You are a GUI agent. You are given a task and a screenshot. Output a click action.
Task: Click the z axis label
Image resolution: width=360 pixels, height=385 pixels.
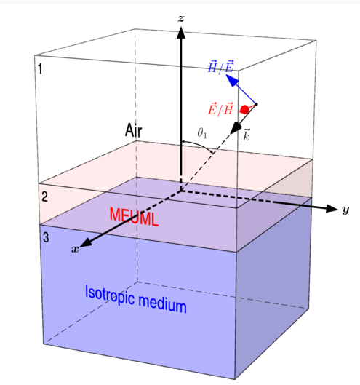(181, 18)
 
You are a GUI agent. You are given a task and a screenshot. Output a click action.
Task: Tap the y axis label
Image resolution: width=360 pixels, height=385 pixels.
(345, 210)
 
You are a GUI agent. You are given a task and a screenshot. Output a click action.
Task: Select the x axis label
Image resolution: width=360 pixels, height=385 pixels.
(75, 249)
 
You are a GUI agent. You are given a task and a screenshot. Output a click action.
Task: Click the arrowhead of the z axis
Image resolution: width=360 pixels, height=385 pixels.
(181, 33)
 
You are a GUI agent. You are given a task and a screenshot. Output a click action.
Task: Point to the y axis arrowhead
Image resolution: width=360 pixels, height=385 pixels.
(332, 208)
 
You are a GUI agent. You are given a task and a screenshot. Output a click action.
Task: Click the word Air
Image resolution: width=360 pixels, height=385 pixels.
(133, 130)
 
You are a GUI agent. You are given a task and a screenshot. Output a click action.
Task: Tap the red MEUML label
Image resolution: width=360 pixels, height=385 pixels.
(134, 217)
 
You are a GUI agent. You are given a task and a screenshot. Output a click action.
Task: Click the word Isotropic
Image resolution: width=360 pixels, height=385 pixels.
(110, 295)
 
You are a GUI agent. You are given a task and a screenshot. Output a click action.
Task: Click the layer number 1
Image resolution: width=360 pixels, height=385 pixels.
(40, 68)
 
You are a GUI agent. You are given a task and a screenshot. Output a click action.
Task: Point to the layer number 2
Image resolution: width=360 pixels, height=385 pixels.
(44, 197)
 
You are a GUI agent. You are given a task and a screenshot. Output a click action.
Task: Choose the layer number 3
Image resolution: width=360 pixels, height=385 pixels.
(46, 237)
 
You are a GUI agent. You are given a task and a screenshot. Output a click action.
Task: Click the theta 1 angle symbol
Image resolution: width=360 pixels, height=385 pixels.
(202, 134)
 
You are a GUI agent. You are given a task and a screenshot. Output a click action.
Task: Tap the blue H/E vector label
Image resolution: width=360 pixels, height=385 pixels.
(220, 66)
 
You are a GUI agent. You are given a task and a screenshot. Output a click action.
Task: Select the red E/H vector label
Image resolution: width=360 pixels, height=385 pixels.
(220, 108)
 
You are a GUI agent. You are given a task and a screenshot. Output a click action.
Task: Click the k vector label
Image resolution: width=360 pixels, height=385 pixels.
(247, 135)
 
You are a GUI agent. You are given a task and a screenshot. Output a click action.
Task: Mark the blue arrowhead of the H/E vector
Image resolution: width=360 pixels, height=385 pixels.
(232, 80)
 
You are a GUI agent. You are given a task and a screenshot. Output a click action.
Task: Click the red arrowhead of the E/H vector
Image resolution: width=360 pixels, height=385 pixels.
(244, 109)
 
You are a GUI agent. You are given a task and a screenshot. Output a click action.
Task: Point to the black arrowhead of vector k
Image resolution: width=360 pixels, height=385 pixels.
(236, 127)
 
